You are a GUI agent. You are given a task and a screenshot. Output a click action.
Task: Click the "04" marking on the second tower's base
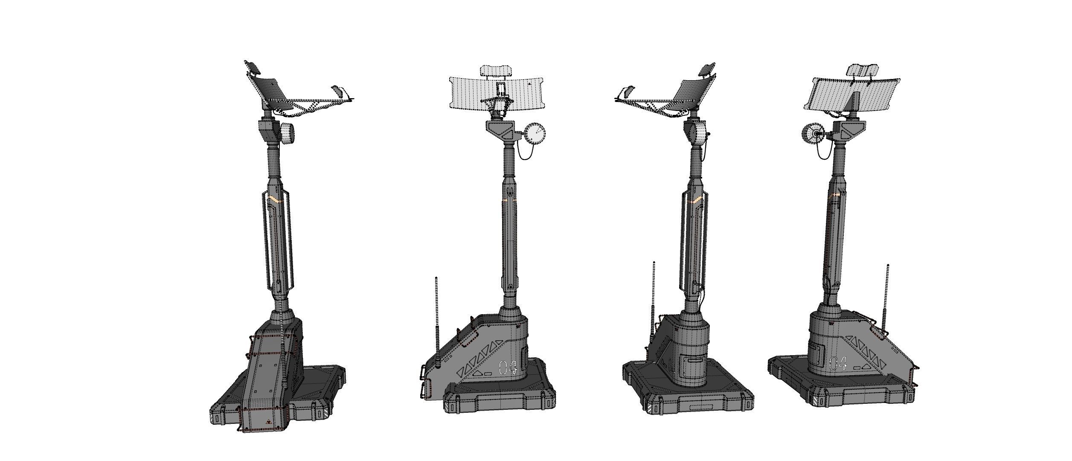pyautogui.click(x=508, y=368)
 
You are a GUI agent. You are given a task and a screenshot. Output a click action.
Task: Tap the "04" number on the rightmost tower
pyautogui.click(x=837, y=363)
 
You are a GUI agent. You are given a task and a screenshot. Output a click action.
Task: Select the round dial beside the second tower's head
pyautogui.click(x=535, y=134)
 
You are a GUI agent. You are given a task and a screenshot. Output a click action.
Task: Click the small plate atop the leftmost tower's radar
pyautogui.click(x=253, y=67)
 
